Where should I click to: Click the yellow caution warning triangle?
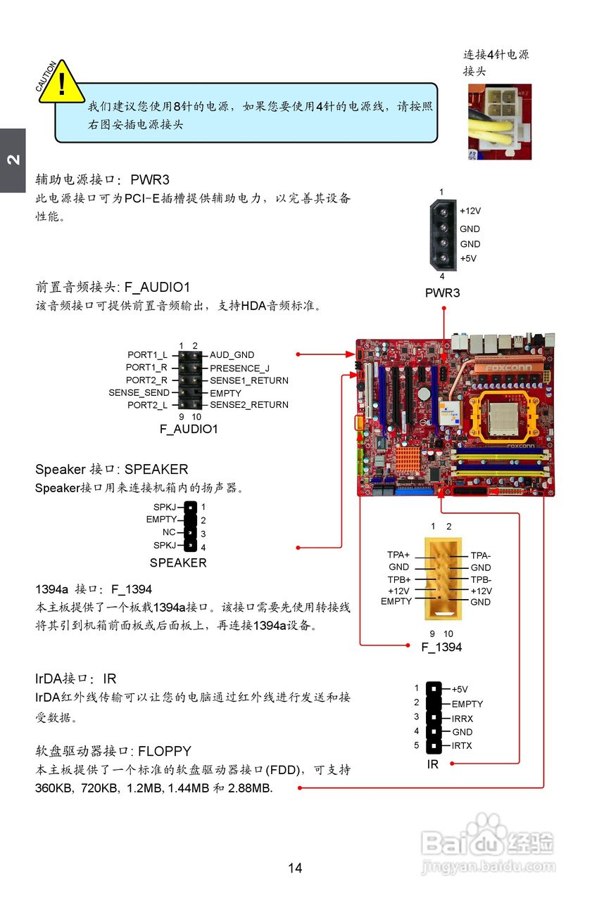coord(62,84)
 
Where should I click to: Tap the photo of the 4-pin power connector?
coord(500,121)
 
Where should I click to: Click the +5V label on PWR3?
coord(468,258)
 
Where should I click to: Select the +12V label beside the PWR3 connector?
coord(470,211)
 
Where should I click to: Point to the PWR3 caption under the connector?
coord(442,292)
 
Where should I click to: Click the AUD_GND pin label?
coord(232,355)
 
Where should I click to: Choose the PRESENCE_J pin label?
coord(239,368)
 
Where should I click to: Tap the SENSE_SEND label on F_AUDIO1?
coord(139,393)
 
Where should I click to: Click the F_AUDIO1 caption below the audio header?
coord(188,428)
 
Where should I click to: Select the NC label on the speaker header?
coord(169,532)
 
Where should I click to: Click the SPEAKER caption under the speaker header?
coord(178,562)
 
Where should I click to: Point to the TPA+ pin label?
coord(398,555)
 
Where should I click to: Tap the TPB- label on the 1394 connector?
coord(481,579)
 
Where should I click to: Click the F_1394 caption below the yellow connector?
coord(441,647)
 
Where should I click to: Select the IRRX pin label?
coord(462,719)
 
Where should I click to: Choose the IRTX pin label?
coord(462,745)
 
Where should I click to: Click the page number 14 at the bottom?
coord(295,868)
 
